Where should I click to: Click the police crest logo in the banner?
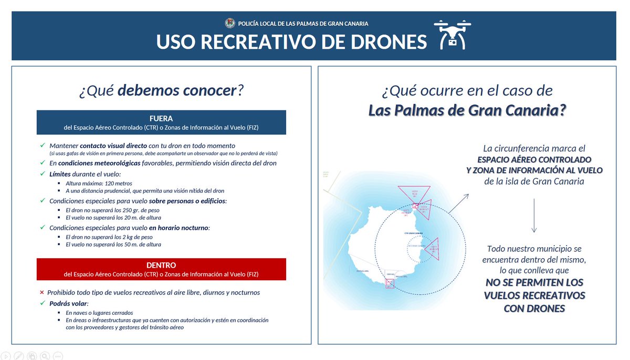(230, 24)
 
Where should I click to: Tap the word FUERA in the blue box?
(161, 118)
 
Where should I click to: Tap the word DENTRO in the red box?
(161, 266)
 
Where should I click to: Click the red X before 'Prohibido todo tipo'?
(42, 292)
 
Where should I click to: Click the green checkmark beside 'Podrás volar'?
(42, 303)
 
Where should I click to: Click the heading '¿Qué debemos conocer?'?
(161, 91)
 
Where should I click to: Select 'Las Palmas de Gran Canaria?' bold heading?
(467, 111)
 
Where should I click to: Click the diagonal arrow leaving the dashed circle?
(459, 204)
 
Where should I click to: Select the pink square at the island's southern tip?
(390, 283)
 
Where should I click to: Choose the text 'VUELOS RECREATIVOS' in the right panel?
(534, 295)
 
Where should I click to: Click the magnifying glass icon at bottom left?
(45, 355)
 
